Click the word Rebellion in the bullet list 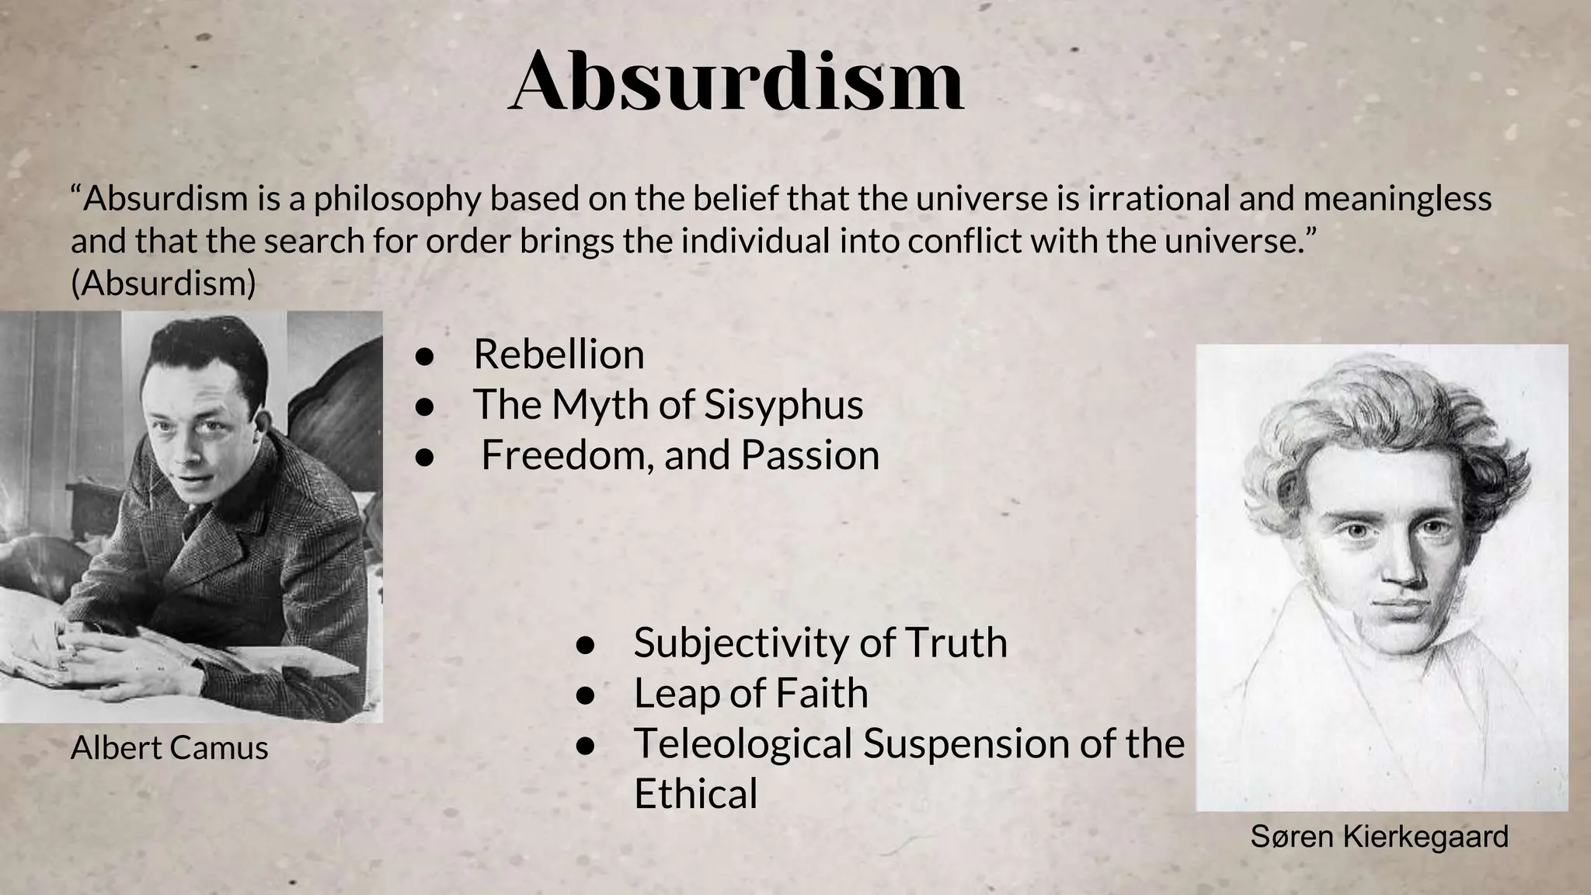559,355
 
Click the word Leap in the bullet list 677,694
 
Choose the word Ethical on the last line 695,794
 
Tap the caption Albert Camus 169,748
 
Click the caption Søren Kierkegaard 1379,837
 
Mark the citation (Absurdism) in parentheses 163,283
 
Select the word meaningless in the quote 1397,199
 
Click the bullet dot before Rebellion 423,357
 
